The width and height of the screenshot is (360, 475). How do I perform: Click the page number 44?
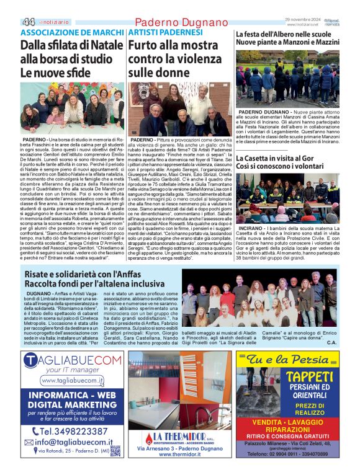29,21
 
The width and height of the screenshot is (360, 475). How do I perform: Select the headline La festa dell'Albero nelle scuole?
287,34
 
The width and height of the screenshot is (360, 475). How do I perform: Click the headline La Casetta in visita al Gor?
276,159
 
